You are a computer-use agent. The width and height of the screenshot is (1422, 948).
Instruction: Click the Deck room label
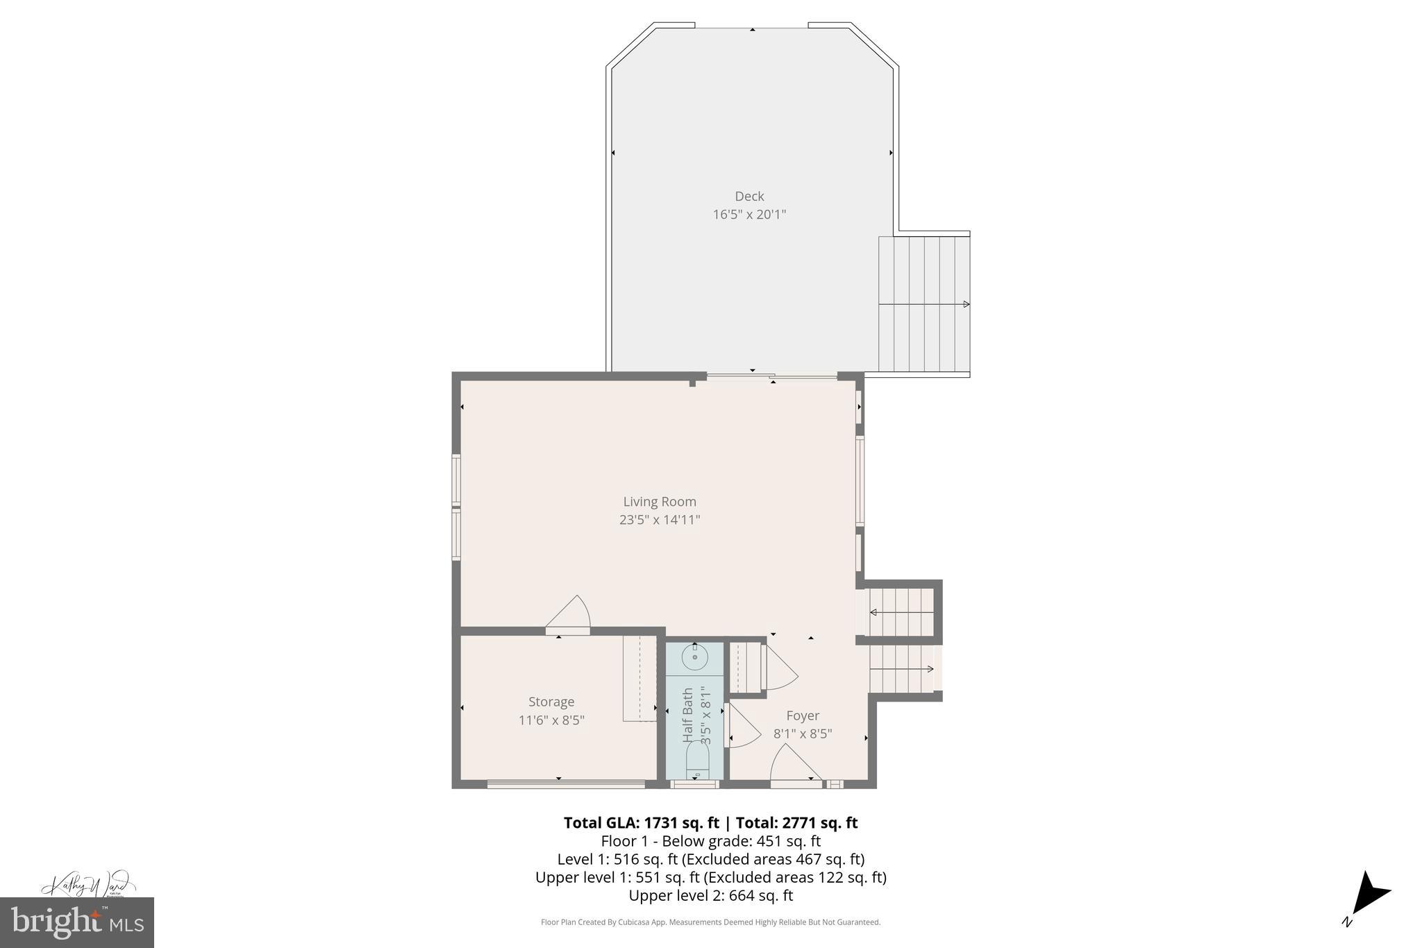pyautogui.click(x=749, y=197)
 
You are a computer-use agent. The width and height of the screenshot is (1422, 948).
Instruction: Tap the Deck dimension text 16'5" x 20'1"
pyautogui.click(x=749, y=215)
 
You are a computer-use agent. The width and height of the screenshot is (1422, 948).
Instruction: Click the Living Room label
pyautogui.click(x=659, y=501)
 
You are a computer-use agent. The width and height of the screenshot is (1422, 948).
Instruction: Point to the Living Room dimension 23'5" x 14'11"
pyautogui.click(x=659, y=519)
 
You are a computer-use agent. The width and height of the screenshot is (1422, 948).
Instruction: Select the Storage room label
pyautogui.click(x=551, y=701)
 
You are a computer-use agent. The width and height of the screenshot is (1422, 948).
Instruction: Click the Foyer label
pyautogui.click(x=803, y=715)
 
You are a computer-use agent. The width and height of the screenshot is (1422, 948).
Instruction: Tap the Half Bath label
pyautogui.click(x=688, y=715)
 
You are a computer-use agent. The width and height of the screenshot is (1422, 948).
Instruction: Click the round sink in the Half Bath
pyautogui.click(x=694, y=656)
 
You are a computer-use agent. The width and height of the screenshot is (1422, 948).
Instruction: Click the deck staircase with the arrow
pyautogui.click(x=923, y=304)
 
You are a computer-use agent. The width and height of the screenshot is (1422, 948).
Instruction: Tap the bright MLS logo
pyautogui.click(x=76, y=922)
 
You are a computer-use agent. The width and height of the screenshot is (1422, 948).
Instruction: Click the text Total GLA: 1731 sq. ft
pyautogui.click(x=640, y=823)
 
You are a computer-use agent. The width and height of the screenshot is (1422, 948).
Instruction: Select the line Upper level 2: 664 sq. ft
pyautogui.click(x=710, y=896)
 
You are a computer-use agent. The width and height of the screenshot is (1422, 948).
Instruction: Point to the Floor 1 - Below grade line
pyautogui.click(x=710, y=841)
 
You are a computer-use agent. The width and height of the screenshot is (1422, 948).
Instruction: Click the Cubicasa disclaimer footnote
pyautogui.click(x=710, y=922)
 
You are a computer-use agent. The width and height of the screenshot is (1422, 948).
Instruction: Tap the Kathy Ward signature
pyautogui.click(x=87, y=885)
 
